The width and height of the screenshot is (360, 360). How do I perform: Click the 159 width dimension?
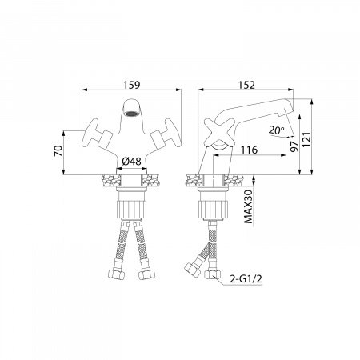(132, 85)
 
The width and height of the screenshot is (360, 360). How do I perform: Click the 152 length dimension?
(246, 85)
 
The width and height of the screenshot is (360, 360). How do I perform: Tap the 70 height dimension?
(58, 151)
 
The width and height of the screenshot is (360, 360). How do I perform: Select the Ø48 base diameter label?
(131, 162)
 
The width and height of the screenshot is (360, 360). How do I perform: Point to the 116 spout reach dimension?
(249, 150)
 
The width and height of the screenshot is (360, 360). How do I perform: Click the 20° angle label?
(277, 130)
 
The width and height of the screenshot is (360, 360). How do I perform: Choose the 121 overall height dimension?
(306, 139)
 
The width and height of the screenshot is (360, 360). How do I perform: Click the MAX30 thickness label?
(248, 206)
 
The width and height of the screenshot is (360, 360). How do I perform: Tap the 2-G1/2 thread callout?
(246, 279)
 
